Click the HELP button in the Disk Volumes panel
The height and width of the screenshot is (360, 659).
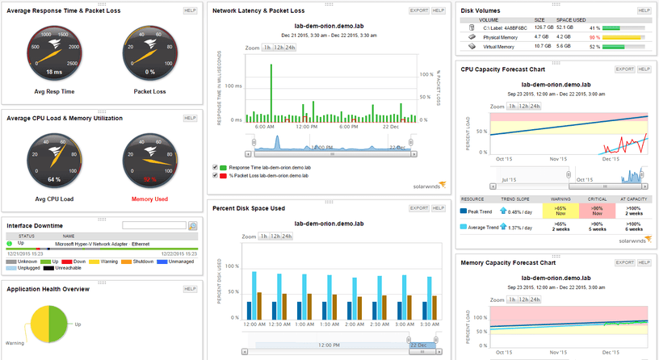pos(644,10)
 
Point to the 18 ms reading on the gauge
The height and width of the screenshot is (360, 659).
pos(53,73)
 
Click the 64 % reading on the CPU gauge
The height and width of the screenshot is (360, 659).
pos(53,178)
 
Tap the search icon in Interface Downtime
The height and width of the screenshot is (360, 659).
pos(192,226)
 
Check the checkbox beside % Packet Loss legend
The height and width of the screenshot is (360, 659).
pos(215,174)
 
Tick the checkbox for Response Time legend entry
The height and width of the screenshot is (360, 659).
pos(215,166)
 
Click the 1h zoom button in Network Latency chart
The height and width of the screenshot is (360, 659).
pos(266,48)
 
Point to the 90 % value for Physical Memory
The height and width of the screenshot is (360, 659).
pos(594,37)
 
